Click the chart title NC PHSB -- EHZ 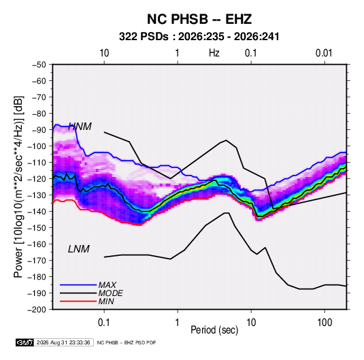[199, 19]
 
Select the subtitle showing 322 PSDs [199, 37]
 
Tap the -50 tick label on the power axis [39, 65]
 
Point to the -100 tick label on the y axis [37, 146]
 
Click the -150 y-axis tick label [37, 227]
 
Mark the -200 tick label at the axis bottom [37, 310]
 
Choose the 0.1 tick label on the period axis [104, 323]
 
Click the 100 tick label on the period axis [325, 323]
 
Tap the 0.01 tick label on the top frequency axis [324, 53]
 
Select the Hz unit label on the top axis [214, 53]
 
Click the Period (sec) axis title [214, 330]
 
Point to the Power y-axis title [18, 187]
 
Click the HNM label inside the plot [80, 127]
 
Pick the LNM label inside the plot [79, 249]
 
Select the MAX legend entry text [107, 284]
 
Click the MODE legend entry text [110, 293]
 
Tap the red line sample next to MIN [78, 301]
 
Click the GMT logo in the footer [25, 342]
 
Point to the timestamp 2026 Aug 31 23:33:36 [63, 342]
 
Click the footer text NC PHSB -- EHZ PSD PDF [127, 342]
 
